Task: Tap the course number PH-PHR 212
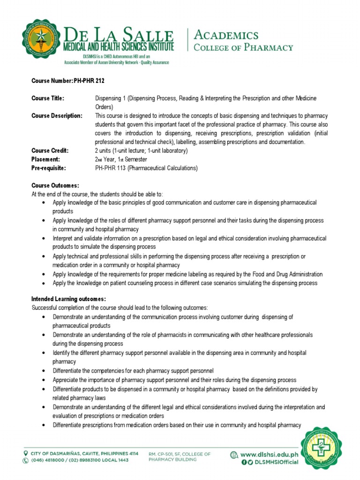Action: click(x=89, y=81)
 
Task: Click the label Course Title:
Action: click(x=47, y=98)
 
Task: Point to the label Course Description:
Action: click(x=57, y=116)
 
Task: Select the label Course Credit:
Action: click(x=50, y=150)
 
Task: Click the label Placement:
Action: click(x=46, y=159)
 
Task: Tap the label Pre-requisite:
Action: click(x=49, y=168)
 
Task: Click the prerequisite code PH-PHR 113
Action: click(x=113, y=168)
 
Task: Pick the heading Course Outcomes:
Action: click(x=55, y=186)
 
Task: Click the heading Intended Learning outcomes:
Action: click(x=68, y=299)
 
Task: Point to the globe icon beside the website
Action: click(x=233, y=454)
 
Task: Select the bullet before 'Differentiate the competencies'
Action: click(x=44, y=371)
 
